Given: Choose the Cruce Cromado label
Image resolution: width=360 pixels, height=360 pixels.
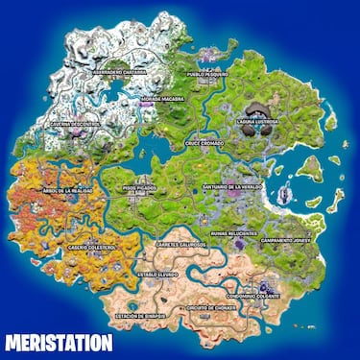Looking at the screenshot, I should (204, 143).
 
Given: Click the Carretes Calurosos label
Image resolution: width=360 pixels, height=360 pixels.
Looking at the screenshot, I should (181, 245).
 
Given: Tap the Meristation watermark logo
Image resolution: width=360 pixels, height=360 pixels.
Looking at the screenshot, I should (58, 342).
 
